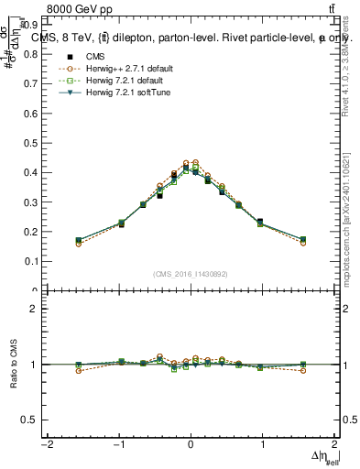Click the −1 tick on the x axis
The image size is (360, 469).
click(x=118, y=444)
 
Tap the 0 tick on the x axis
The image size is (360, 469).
click(x=191, y=444)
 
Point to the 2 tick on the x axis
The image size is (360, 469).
click(x=335, y=444)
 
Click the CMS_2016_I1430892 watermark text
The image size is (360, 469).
click(x=191, y=273)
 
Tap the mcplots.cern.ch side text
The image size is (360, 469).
click(x=345, y=220)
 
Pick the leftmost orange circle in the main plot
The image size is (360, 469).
click(x=79, y=244)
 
